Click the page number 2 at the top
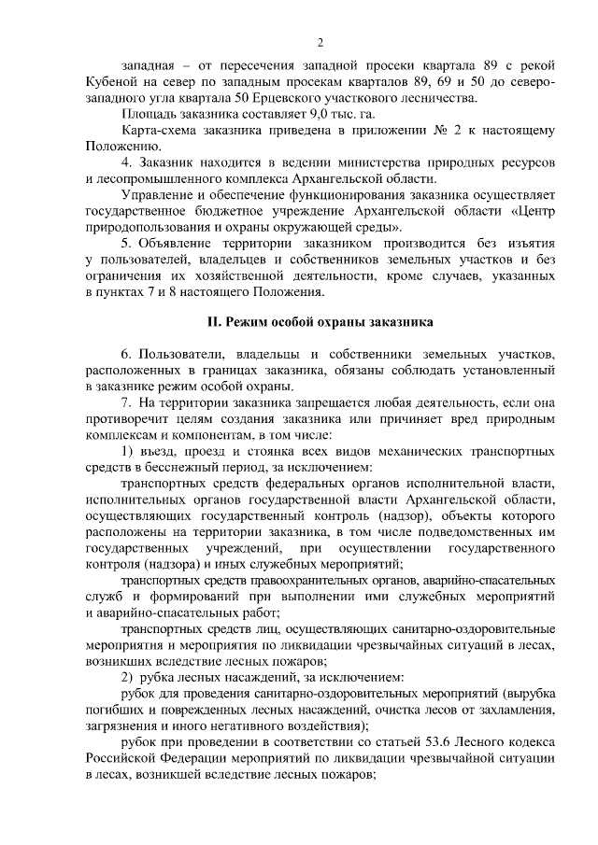pyautogui.click(x=320, y=42)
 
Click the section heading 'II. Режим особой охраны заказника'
pyautogui.click(x=319, y=322)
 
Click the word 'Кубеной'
pyautogui.click(x=111, y=81)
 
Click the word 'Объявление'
pyautogui.click(x=182, y=243)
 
